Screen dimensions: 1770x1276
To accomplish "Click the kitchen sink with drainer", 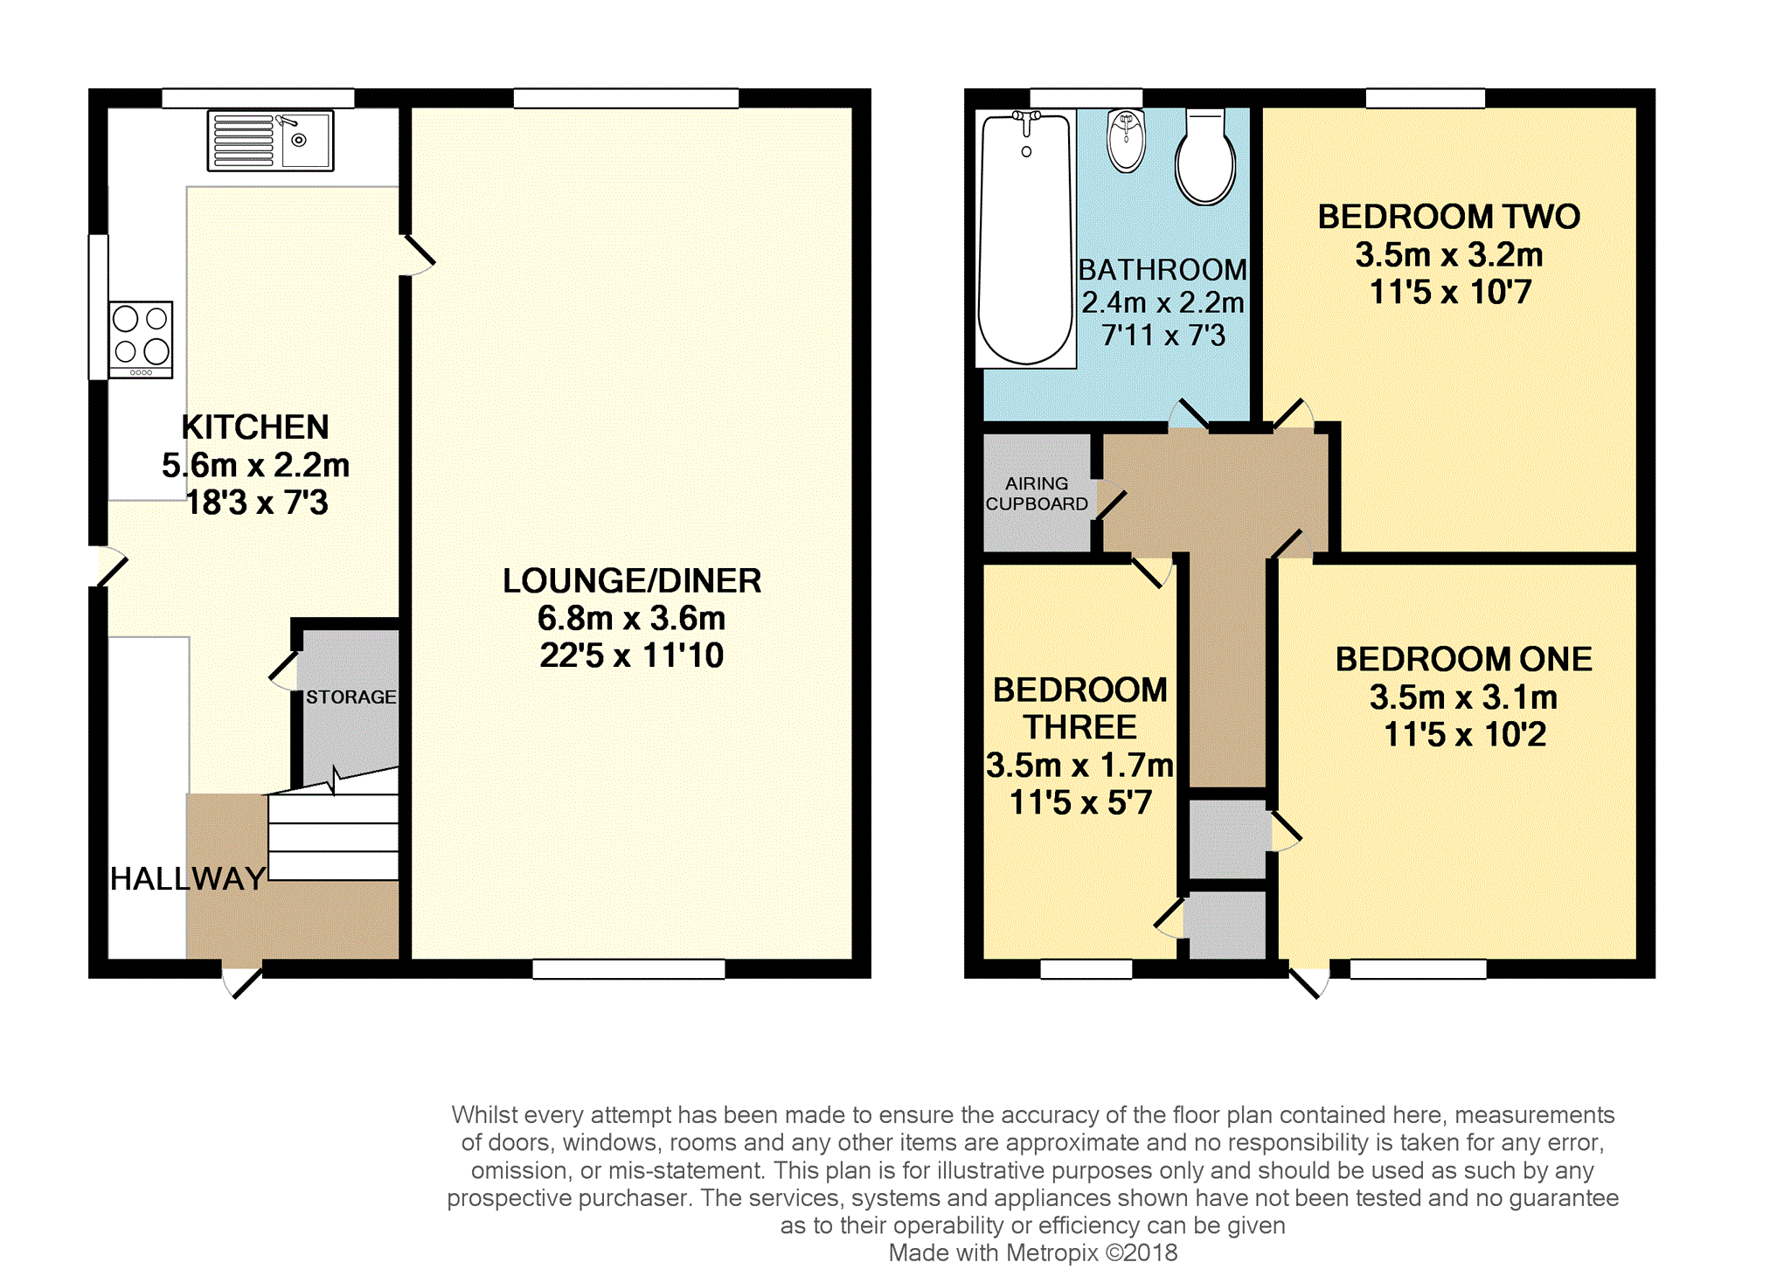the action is [270, 140].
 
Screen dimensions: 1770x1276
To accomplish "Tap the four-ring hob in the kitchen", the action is [141, 339].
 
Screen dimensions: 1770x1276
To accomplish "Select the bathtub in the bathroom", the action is [1025, 239].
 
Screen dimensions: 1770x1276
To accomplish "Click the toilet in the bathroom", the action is [1205, 156].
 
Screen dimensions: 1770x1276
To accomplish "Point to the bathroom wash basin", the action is [1126, 140].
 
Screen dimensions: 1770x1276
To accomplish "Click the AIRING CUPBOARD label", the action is [1037, 494].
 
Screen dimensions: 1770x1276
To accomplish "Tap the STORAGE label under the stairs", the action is [351, 697].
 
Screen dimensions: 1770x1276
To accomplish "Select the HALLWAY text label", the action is [188, 878].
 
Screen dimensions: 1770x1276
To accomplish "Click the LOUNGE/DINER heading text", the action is [632, 580].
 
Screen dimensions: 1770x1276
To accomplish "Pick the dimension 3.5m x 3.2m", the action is [1449, 254].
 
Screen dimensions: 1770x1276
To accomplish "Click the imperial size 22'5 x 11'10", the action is [632, 655].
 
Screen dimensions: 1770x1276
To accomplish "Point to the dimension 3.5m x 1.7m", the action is [1079, 765].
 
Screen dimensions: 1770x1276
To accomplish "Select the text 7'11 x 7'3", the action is [1163, 335].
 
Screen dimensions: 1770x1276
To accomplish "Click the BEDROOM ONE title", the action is [1464, 659].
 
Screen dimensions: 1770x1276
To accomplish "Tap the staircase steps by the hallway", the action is [333, 826].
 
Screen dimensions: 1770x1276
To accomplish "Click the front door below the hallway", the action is [243, 980].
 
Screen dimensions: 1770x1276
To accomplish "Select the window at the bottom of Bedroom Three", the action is [1086, 968].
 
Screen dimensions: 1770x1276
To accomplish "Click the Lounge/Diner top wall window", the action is [626, 98].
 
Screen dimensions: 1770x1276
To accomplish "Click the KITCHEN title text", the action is [255, 427].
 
